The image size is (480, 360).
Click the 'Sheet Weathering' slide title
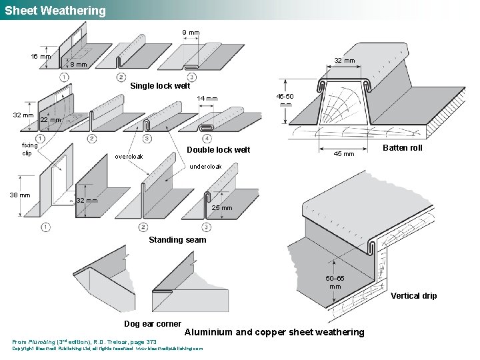pos(55,11)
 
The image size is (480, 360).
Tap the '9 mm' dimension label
pos(191,32)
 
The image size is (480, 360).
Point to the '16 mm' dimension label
pos(41,56)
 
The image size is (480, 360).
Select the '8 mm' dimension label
pos(79,65)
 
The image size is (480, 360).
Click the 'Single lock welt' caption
pos(160,85)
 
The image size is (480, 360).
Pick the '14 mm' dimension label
pos(207,99)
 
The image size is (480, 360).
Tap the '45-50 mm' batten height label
pos(285,99)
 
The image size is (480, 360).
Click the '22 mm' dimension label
pos(51,120)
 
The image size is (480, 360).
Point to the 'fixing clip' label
pos(30,149)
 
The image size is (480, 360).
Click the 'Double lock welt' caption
pos(218,149)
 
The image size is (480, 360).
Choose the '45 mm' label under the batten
pos(344,154)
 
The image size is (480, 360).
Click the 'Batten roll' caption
pos(402,147)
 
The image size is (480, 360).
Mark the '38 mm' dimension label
pos(19,195)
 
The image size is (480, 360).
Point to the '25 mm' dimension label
pos(222,207)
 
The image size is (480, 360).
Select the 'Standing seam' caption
pos(177,239)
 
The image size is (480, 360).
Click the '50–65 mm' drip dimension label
pos(335,282)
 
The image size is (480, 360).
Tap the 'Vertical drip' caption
pos(413,295)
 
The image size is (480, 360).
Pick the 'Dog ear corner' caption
pos(153,324)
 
